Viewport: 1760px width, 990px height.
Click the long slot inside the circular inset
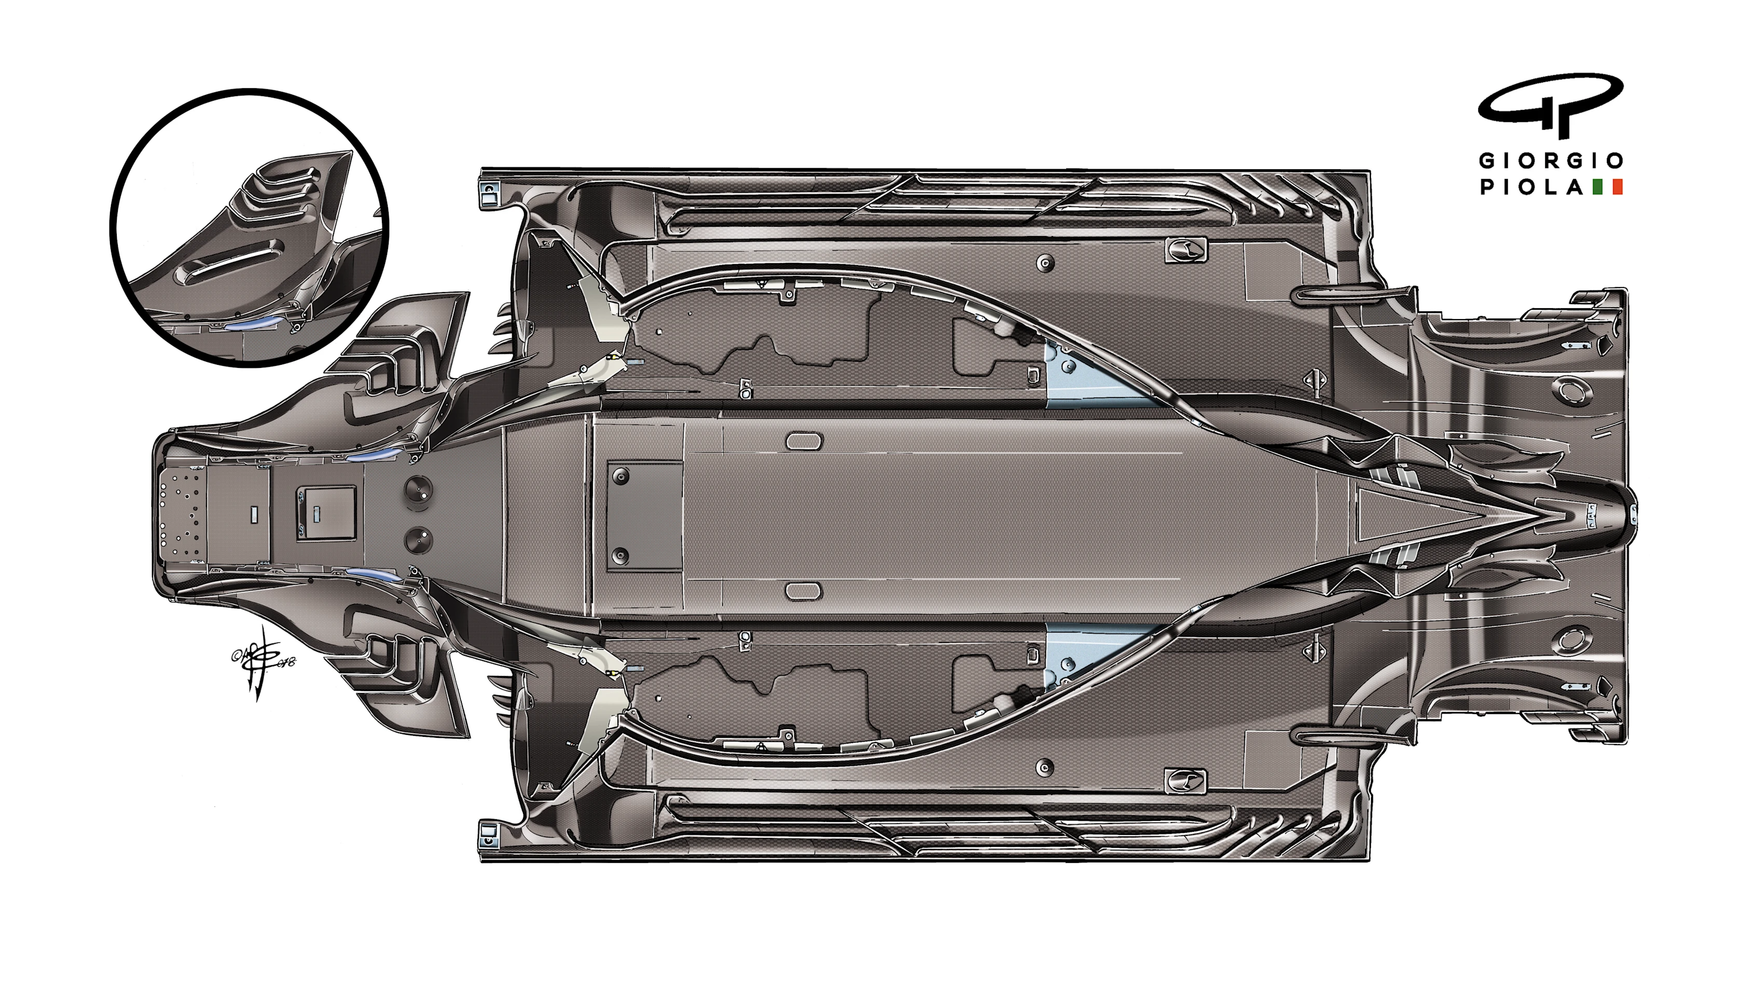pos(229,260)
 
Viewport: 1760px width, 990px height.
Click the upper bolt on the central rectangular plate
pos(621,477)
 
